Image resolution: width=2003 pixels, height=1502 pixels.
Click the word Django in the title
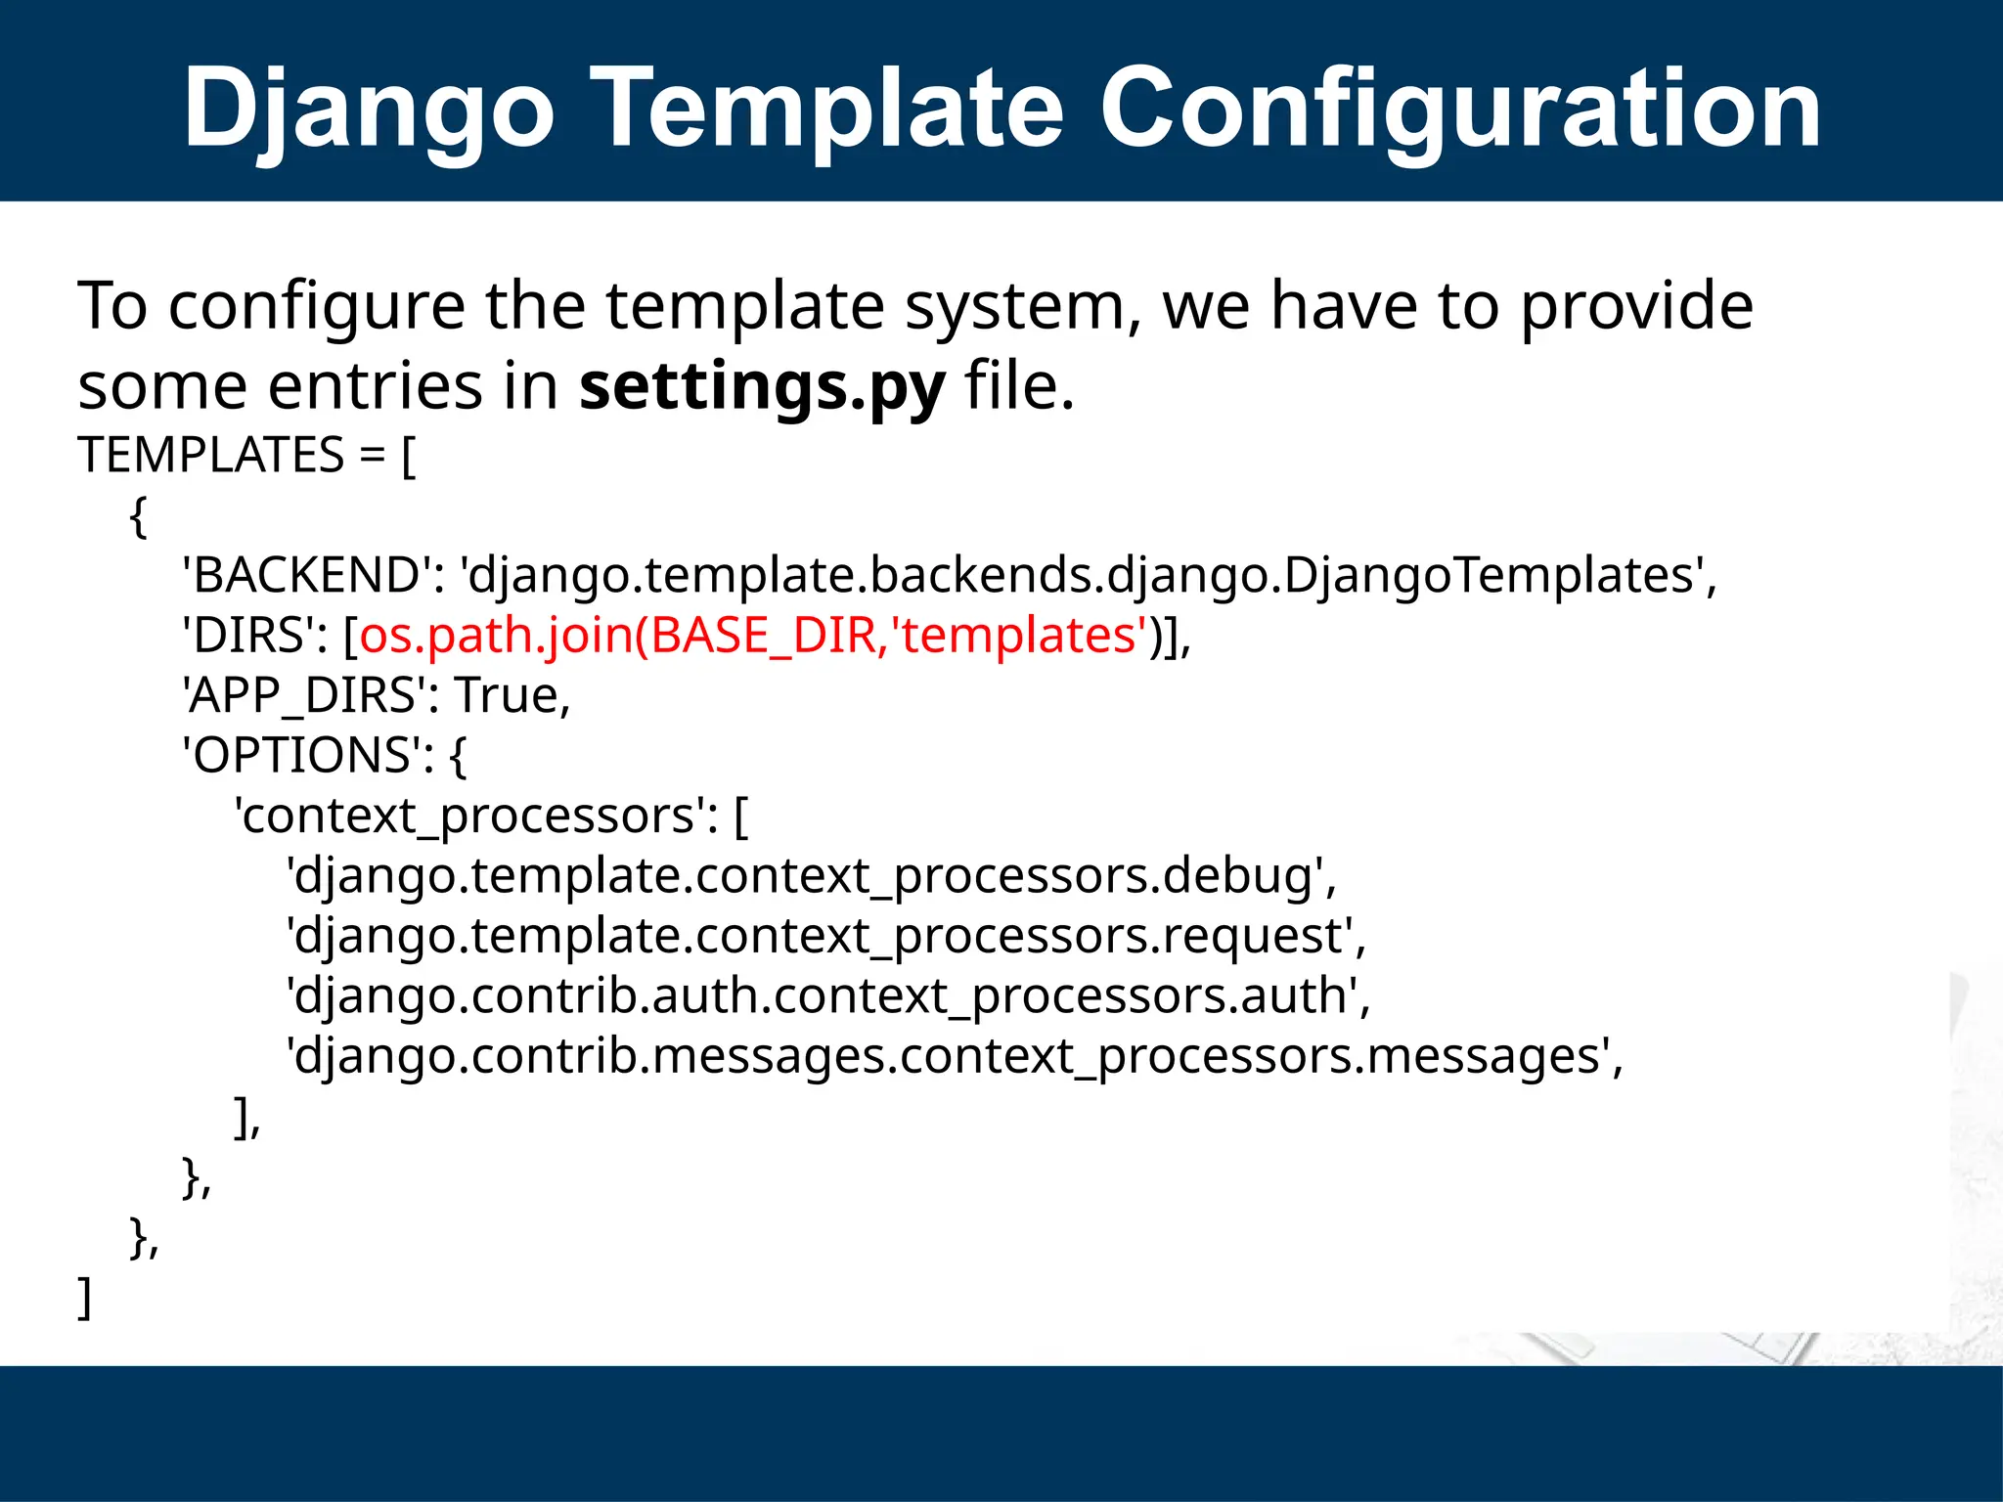coord(370,110)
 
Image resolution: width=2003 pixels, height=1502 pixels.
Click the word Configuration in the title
coord(1459,110)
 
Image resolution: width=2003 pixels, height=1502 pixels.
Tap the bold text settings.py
coord(762,386)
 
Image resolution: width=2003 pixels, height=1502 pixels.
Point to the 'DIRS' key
coord(249,636)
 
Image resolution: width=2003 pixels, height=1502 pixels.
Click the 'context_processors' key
coord(469,817)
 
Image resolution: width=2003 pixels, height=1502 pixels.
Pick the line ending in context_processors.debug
coord(811,876)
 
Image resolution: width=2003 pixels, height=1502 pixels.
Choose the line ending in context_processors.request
coord(825,937)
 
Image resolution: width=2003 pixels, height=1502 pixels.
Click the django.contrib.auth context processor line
coord(827,996)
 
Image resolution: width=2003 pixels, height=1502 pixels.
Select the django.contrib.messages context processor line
coord(954,1057)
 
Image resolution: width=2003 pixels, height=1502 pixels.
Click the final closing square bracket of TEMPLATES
coord(85,1299)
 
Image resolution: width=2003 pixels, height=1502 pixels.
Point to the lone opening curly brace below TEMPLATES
coord(138,516)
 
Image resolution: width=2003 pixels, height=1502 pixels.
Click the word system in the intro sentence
coord(1023,306)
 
